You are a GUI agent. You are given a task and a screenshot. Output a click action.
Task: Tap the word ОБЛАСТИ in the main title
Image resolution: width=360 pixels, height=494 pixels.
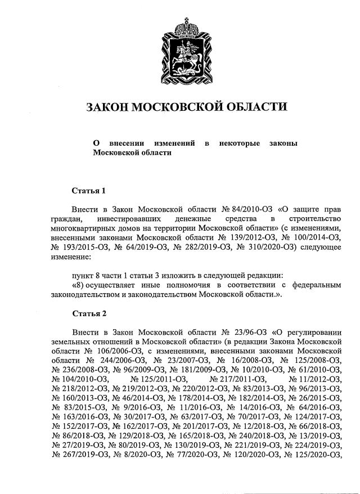(x=254, y=107)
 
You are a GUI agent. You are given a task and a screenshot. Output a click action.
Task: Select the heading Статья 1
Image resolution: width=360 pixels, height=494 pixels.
(x=89, y=190)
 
